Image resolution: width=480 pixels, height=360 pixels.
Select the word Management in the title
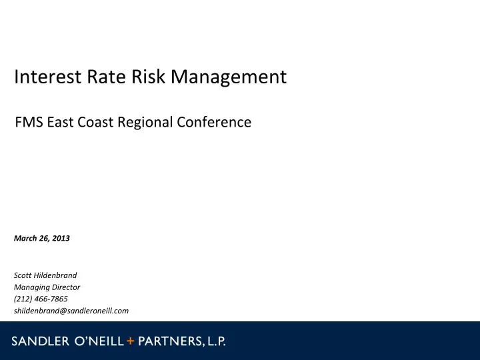coord(229,77)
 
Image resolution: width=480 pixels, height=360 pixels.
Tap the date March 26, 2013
coord(42,238)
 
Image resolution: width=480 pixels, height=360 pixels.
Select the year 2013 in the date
coord(61,238)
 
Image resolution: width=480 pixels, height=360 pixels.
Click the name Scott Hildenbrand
coord(45,275)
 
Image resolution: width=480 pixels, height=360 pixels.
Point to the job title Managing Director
coord(47,287)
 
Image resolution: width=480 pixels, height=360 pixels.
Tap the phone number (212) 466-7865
coord(41,299)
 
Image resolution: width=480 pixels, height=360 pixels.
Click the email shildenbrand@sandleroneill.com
coord(71,311)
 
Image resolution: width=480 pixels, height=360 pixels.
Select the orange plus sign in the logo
coord(131,341)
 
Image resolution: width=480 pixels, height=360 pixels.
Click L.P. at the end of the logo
coord(216,341)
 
